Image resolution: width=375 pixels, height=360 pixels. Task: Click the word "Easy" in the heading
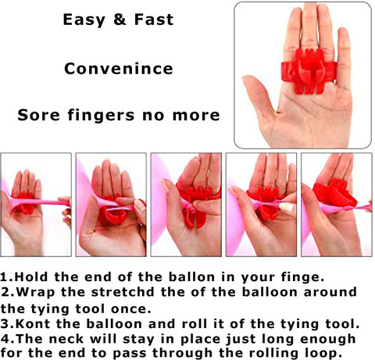pyautogui.click(x=84, y=20)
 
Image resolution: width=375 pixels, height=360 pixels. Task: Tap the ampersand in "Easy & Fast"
pyautogui.click(x=120, y=20)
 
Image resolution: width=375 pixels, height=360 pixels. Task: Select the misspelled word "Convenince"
pyautogui.click(x=119, y=69)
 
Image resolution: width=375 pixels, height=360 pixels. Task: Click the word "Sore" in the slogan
pyautogui.click(x=38, y=115)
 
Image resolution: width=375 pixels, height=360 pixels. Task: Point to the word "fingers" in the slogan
pyautogui.click(x=102, y=116)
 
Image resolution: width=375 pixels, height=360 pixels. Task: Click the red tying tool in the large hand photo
pyautogui.click(x=309, y=71)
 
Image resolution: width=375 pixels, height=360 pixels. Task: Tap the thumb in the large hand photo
pyautogui.click(x=260, y=96)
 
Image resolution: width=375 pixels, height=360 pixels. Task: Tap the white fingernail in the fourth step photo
pyautogui.click(x=287, y=207)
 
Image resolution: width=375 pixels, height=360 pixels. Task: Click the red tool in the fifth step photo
pyautogui.click(x=334, y=193)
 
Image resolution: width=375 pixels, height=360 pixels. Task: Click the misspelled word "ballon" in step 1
pyautogui.click(x=192, y=277)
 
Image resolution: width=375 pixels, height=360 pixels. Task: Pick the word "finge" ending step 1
pyautogui.click(x=303, y=277)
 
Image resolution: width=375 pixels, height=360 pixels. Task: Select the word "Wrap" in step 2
pyautogui.click(x=36, y=293)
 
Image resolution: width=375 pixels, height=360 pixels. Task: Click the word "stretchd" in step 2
pyautogui.click(x=123, y=292)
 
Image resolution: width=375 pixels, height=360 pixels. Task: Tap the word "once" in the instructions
pyautogui.click(x=131, y=309)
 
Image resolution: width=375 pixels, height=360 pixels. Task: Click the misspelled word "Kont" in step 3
pyautogui.click(x=33, y=324)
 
